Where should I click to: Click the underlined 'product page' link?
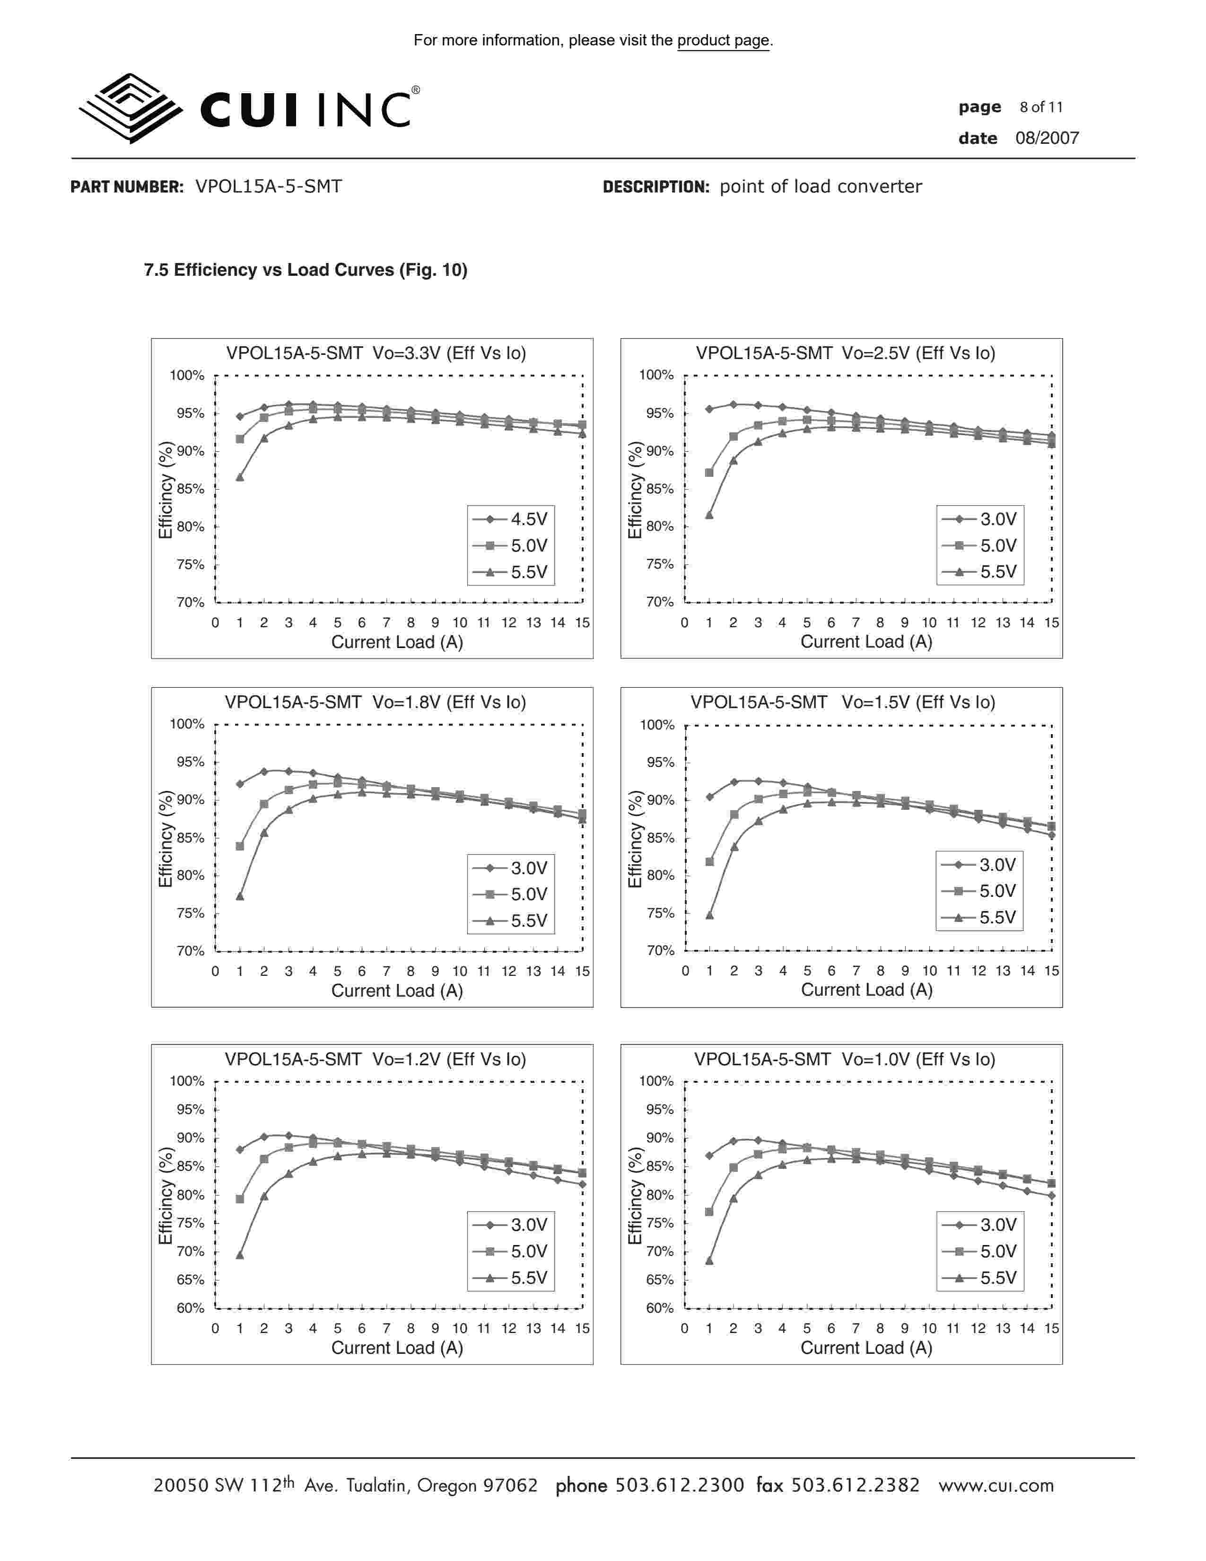pyautogui.click(x=723, y=41)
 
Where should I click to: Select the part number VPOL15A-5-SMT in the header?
pyautogui.click(x=269, y=186)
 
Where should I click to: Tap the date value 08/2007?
pyautogui.click(x=1047, y=138)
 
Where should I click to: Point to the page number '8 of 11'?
pyautogui.click(x=1041, y=107)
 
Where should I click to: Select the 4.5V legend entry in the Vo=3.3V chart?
pyautogui.click(x=511, y=519)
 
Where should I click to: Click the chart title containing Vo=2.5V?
pyautogui.click(x=845, y=353)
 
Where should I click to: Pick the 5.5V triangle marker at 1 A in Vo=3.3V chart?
pyautogui.click(x=240, y=477)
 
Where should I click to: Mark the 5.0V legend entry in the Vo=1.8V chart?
pyautogui.click(x=511, y=894)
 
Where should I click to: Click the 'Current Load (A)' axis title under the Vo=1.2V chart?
pyautogui.click(x=397, y=1348)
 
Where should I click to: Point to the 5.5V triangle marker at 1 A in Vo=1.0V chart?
pyautogui.click(x=709, y=1261)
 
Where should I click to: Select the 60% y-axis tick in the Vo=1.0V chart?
pyautogui.click(x=659, y=1308)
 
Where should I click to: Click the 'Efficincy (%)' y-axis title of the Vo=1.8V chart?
pyautogui.click(x=165, y=838)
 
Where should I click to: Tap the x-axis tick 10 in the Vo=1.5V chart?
pyautogui.click(x=929, y=971)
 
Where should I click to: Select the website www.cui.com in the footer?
pyautogui.click(x=996, y=1485)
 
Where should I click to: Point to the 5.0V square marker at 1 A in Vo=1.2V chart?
pyautogui.click(x=240, y=1199)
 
